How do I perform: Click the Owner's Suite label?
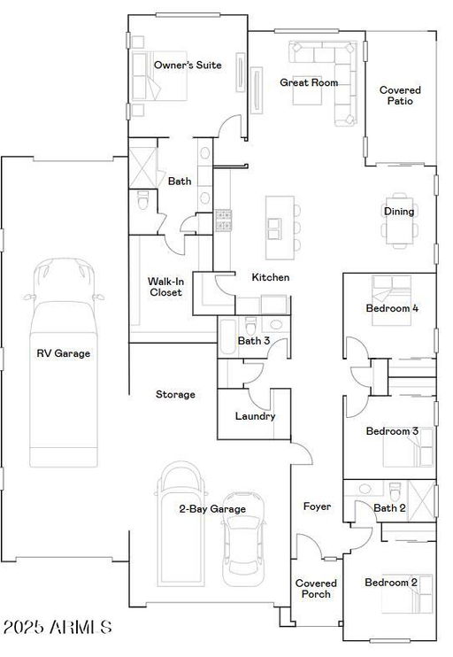point(188,65)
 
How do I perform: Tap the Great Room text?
point(309,82)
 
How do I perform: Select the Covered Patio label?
point(400,95)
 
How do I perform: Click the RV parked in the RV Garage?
point(64,362)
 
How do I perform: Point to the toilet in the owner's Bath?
point(143,200)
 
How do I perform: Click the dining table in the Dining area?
point(399,220)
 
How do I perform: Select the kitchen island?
point(280,228)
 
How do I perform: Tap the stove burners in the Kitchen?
point(223,220)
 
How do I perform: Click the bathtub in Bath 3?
point(228,336)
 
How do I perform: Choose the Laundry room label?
point(255,416)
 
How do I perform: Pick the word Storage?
point(175,394)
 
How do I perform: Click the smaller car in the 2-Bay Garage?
point(243,539)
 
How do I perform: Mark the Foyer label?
point(317,506)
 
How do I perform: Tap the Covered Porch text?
point(316,588)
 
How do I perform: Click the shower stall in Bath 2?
point(421,501)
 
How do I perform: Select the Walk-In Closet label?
point(165,287)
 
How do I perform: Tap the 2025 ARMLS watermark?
point(58,627)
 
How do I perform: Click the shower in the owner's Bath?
point(142,167)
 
